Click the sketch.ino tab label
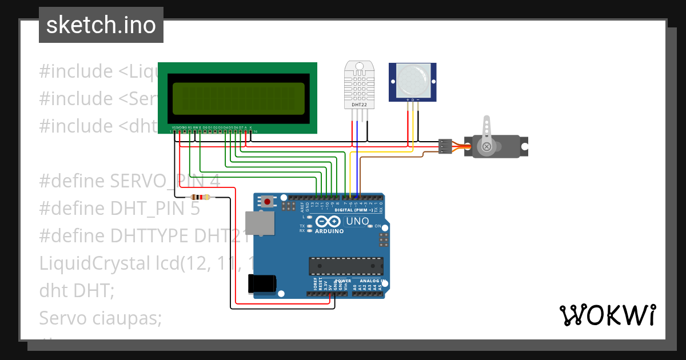101,25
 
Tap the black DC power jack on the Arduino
262,283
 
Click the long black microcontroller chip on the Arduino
346,265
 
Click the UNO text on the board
357,221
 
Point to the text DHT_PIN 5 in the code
155,209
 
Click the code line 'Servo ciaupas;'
101,318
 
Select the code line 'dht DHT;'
77,290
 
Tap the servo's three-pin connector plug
445,146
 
